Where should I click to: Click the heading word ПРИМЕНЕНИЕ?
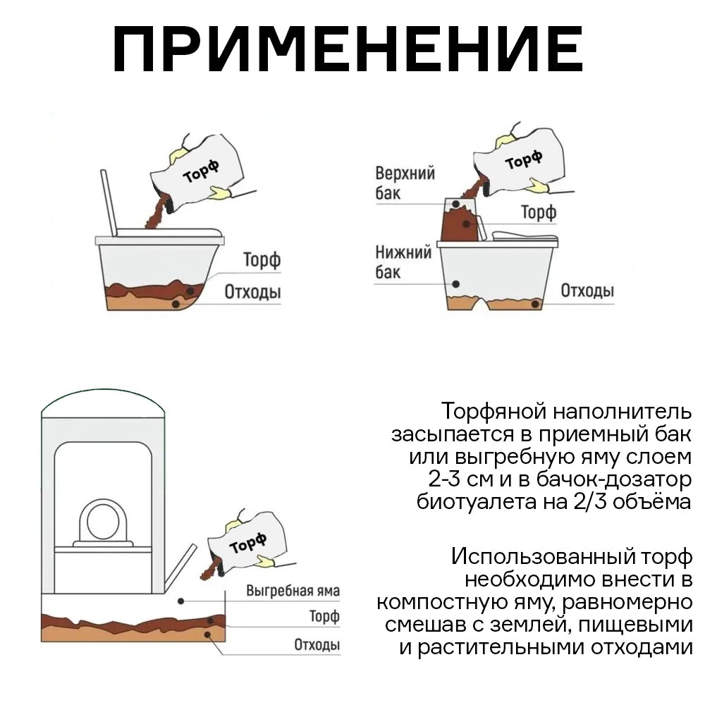(348, 51)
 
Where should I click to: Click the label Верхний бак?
(405, 182)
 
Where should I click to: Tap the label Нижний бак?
(403, 262)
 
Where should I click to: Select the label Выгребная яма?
(293, 591)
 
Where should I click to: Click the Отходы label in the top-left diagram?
(252, 291)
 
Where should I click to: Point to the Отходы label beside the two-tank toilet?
(587, 290)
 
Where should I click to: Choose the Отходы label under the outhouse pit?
(317, 644)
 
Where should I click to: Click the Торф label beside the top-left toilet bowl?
(262, 259)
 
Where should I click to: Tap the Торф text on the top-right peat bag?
(523, 161)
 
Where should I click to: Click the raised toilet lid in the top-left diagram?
(109, 202)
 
